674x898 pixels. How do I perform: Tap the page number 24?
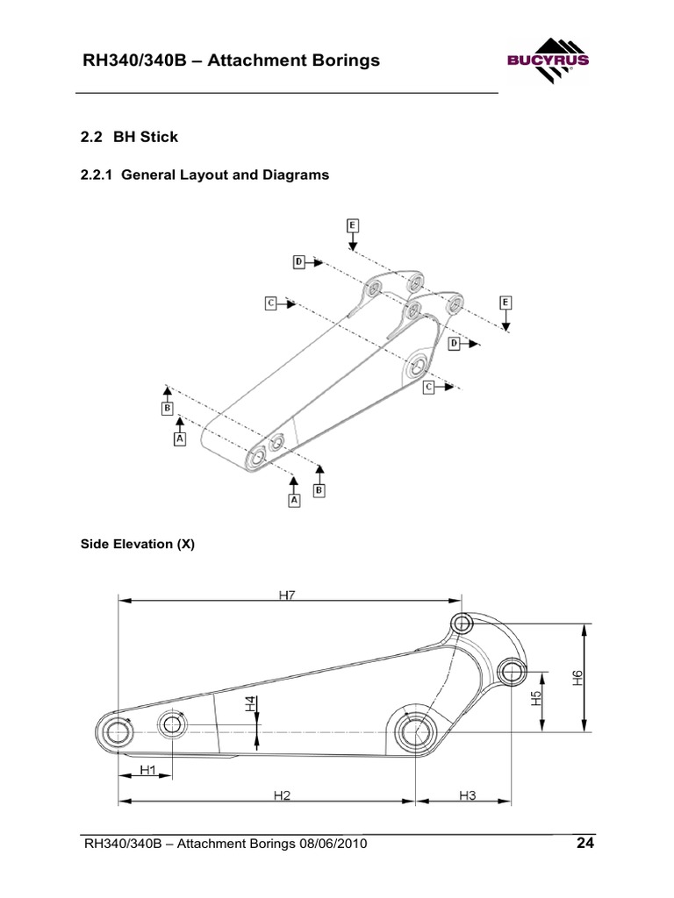[585, 845]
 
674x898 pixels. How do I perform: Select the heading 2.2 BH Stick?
[129, 136]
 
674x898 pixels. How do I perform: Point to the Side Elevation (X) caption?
[137, 544]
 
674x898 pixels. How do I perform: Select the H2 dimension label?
[281, 795]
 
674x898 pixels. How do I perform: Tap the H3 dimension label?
[467, 795]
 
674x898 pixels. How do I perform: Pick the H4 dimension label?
[250, 703]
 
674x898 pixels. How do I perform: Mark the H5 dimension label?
[535, 699]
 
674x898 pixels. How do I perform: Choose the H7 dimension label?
[288, 595]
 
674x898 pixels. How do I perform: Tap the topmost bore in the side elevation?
[462, 624]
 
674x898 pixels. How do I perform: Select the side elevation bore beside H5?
[511, 673]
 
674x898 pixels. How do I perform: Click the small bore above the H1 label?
[171, 724]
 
